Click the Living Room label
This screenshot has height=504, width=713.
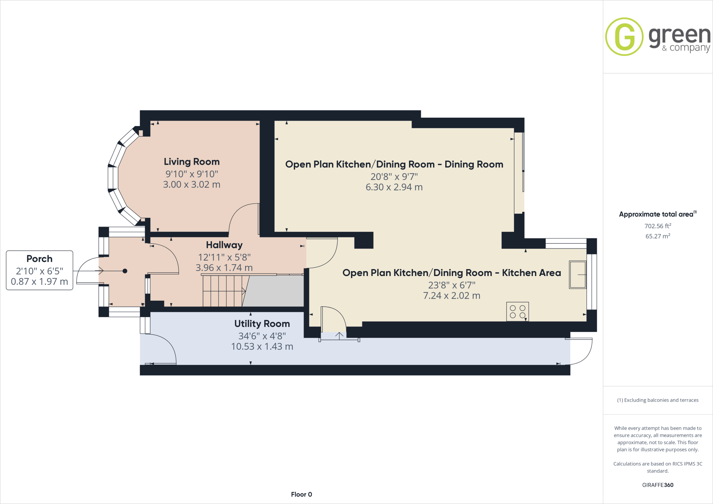pos(191,162)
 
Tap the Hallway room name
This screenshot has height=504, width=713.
pos(224,245)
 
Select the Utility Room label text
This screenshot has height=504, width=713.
pos(262,324)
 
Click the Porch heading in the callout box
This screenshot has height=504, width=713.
pos(39,259)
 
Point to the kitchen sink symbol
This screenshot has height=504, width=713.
pos(578,275)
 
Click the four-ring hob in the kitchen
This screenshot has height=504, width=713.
pos(517,312)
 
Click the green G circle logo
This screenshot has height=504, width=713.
pos(624,37)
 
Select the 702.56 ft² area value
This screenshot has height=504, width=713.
pos(658,226)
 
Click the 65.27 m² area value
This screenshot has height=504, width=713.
pos(658,236)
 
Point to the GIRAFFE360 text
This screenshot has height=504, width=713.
pos(658,485)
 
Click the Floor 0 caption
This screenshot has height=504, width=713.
pos(301,494)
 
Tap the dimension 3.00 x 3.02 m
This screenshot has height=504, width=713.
pos(191,184)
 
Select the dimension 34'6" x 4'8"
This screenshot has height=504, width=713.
pos(262,336)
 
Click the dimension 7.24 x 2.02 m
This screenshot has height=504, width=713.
pos(452,296)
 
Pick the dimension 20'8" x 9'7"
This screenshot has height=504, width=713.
pos(394,176)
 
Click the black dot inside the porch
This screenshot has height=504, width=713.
pos(125,271)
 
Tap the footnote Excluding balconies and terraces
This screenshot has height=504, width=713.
pos(658,400)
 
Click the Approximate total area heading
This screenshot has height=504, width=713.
pos(658,214)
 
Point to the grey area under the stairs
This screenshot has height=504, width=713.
pos(274,291)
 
